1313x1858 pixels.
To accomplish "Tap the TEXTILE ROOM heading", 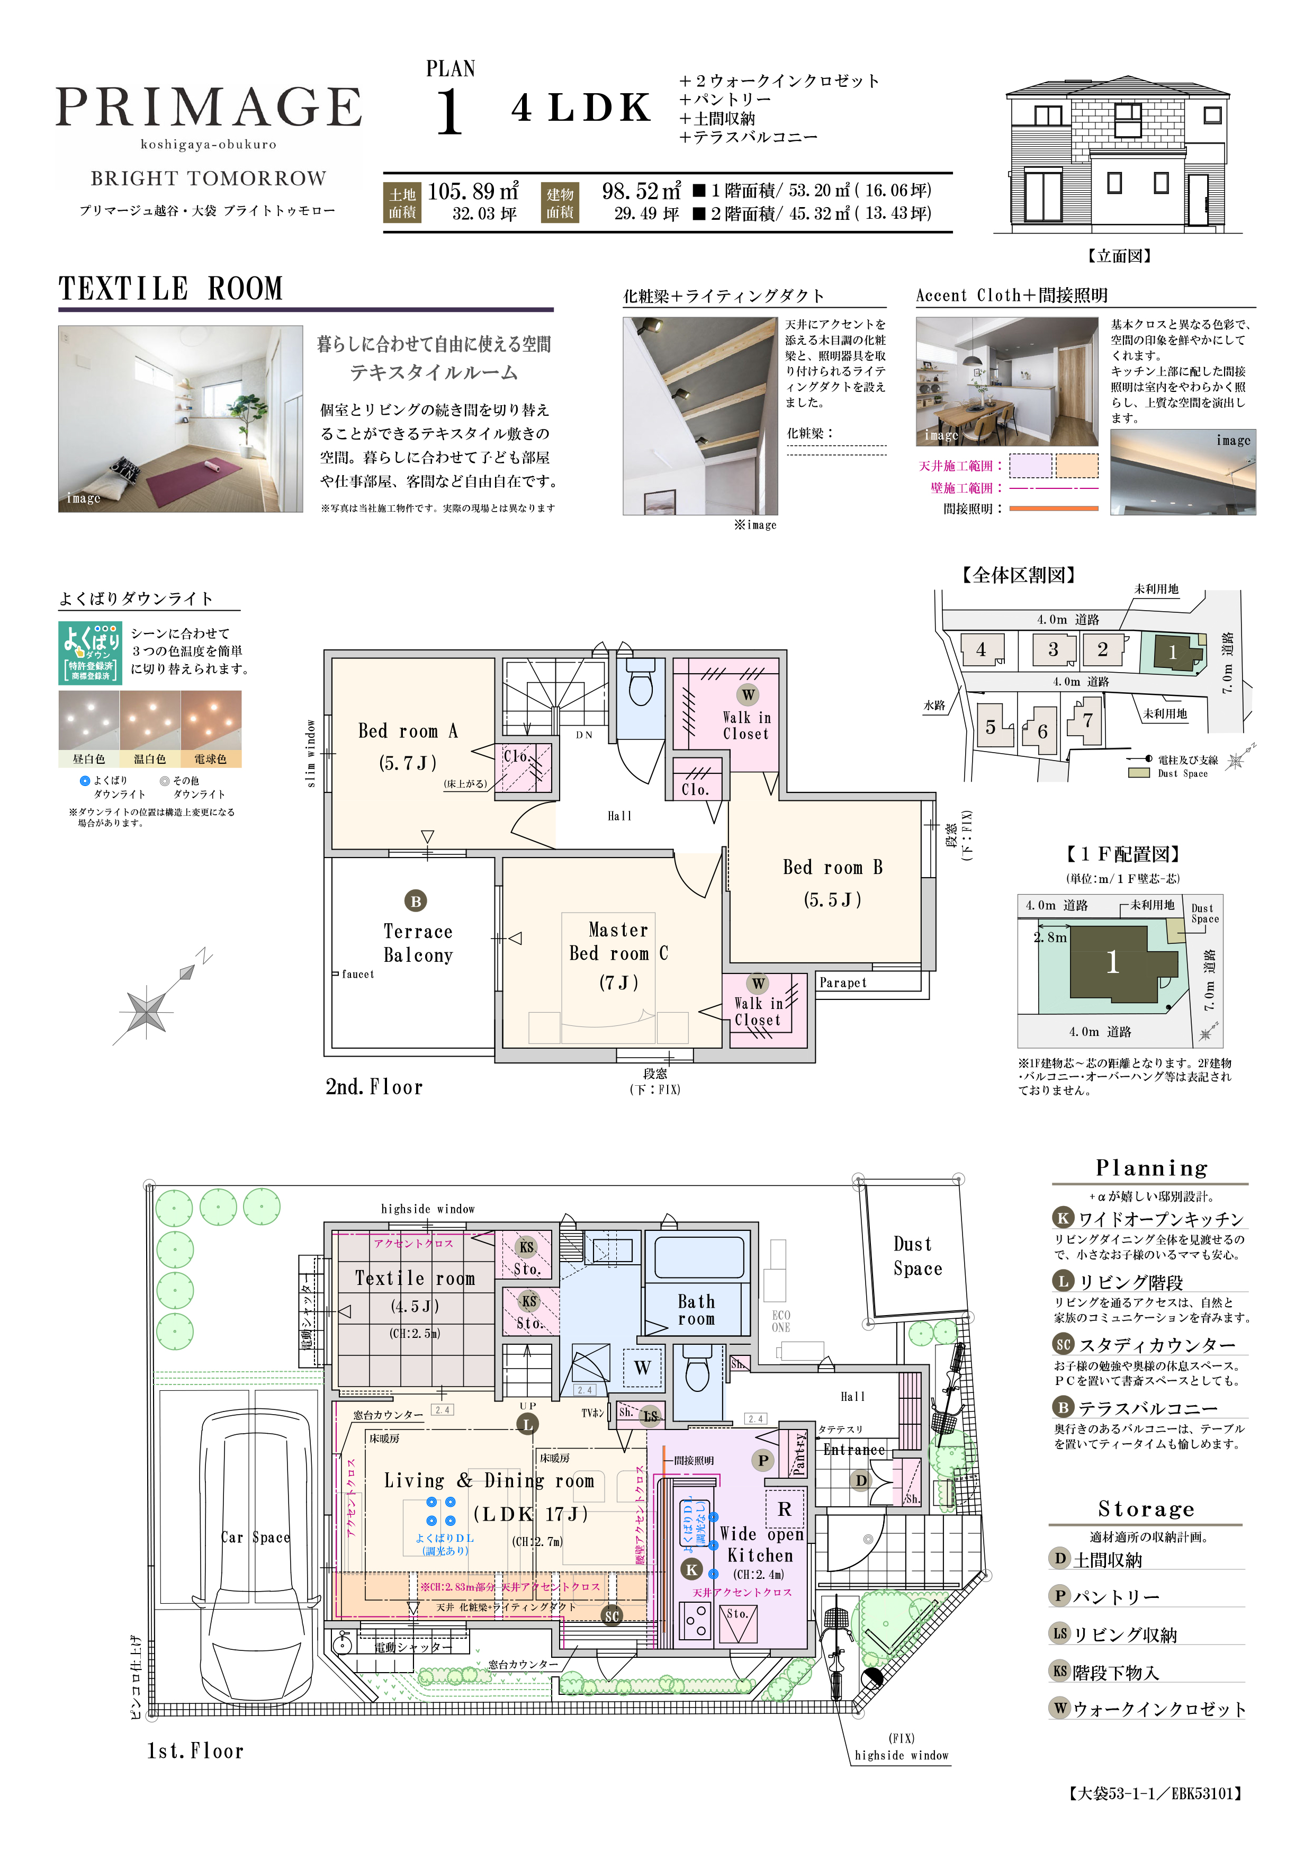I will [x=170, y=289].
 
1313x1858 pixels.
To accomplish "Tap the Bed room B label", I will [x=832, y=868].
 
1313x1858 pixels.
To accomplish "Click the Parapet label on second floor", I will [x=842, y=982].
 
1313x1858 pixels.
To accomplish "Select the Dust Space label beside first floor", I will [x=918, y=1256].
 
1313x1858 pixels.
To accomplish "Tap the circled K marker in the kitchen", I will [x=691, y=1569].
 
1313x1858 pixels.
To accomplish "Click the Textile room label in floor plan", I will [x=414, y=1279].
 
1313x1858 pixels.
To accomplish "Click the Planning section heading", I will [x=1150, y=1168].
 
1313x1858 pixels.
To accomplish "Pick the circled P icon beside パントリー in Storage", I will [x=1060, y=1596].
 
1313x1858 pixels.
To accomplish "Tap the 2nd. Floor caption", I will [x=374, y=1087].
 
